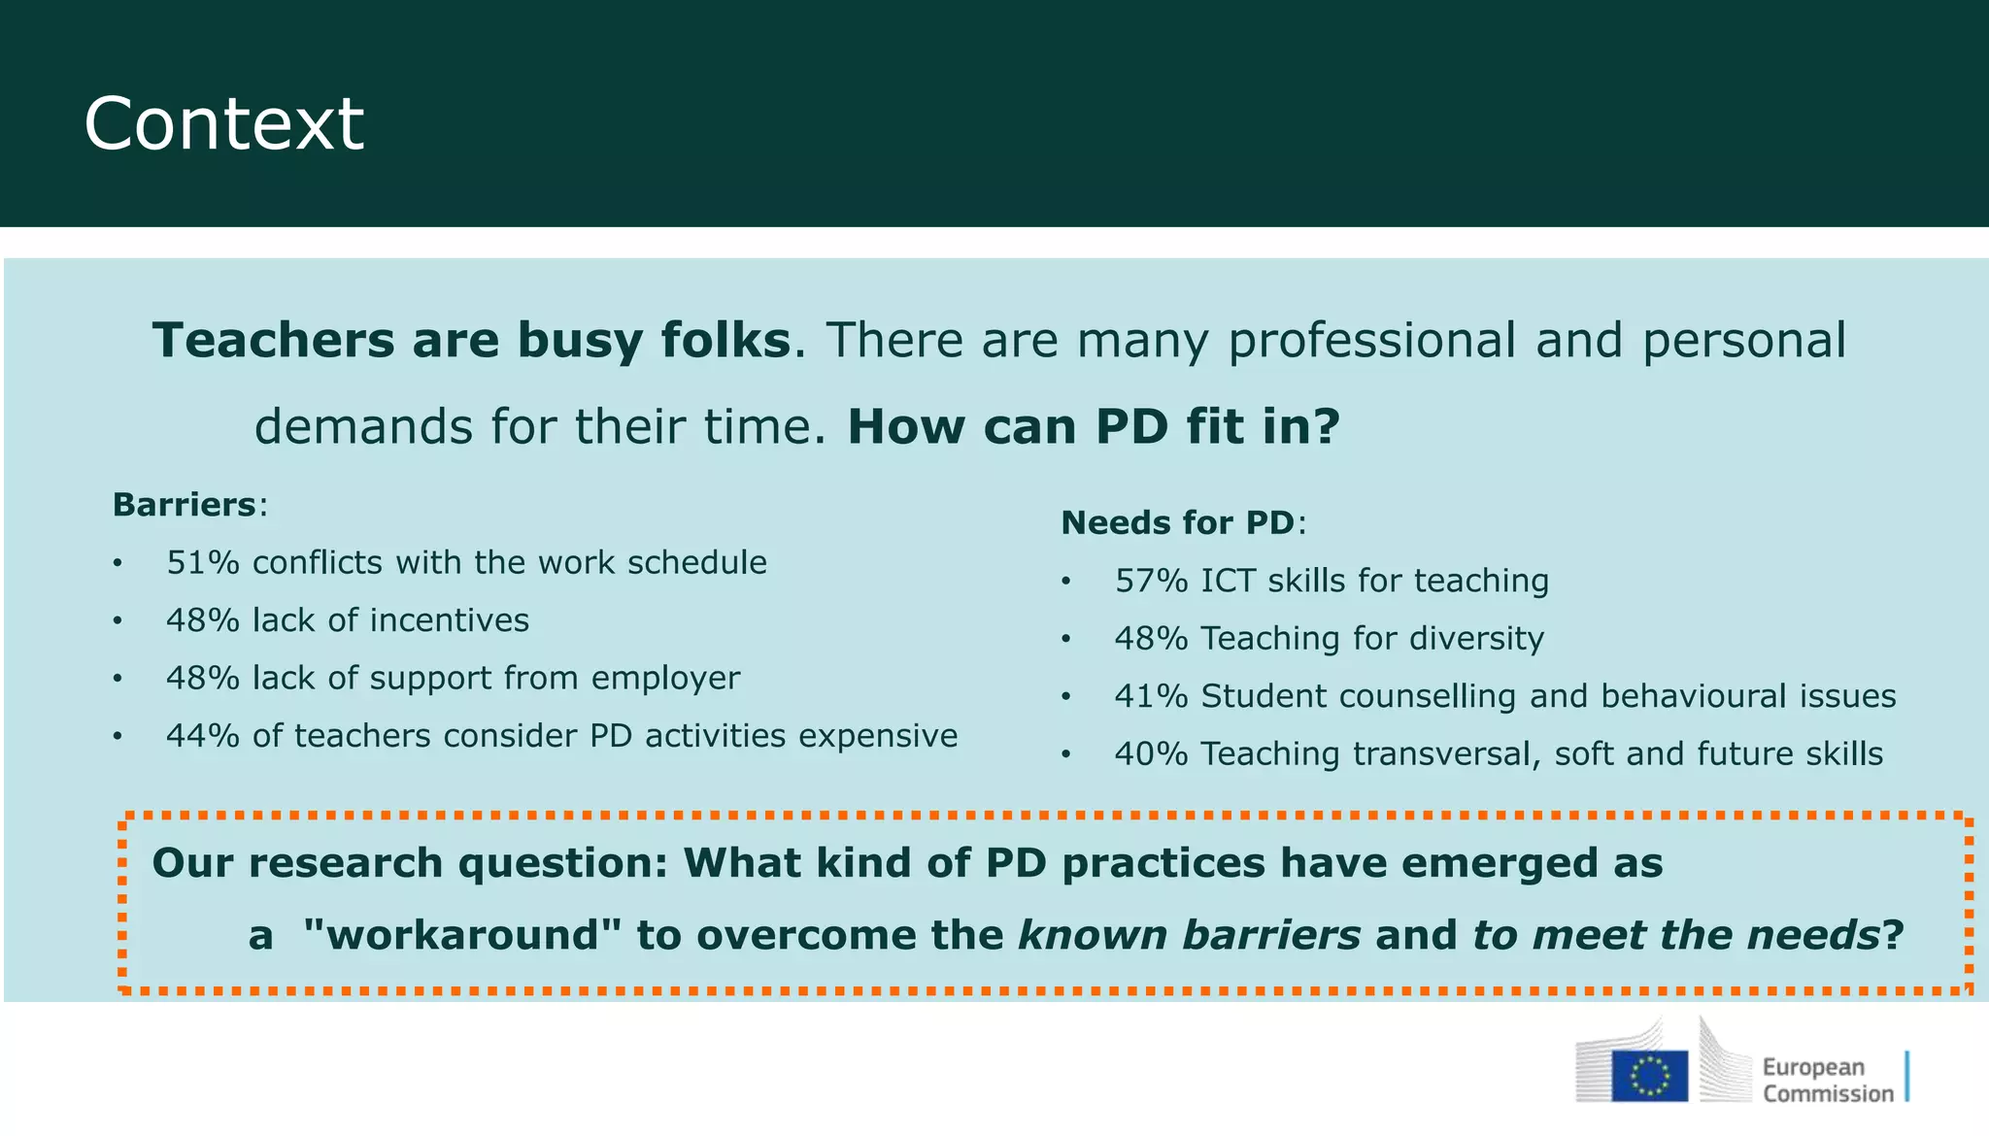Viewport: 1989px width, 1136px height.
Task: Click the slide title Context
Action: [223, 124]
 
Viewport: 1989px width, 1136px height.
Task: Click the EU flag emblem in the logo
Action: [1649, 1076]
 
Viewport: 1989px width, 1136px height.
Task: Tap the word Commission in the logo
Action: [1828, 1094]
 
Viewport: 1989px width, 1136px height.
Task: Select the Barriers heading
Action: [185, 505]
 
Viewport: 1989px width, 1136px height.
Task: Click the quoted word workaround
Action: [462, 935]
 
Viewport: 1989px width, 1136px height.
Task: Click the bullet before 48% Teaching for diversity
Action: [1065, 640]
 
